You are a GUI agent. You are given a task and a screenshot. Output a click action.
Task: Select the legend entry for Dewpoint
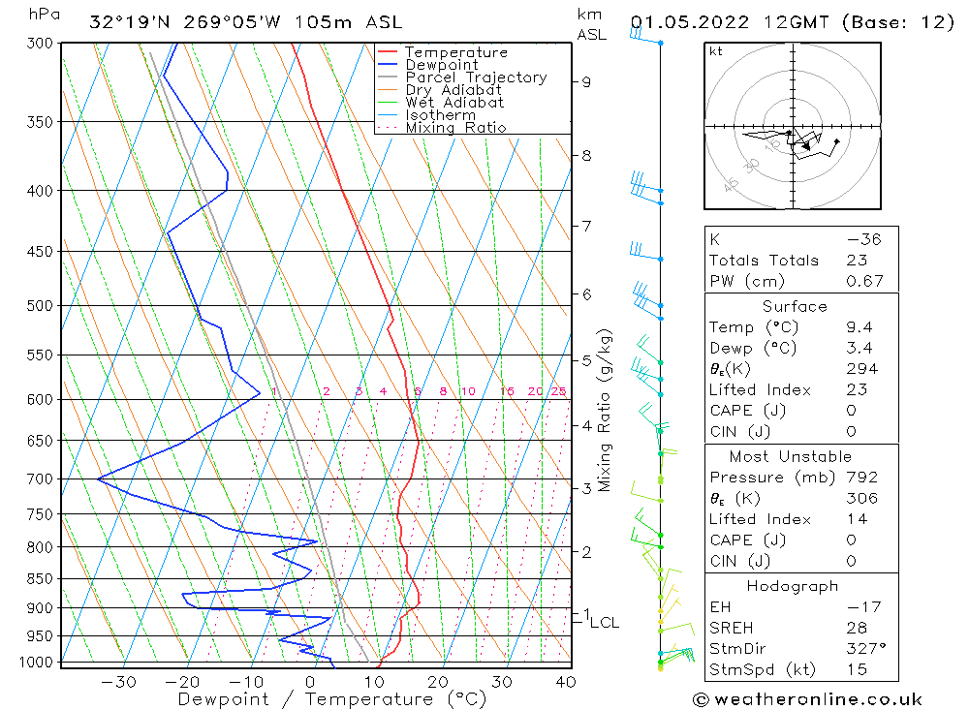441,65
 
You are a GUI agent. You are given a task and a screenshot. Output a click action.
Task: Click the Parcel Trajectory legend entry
476,77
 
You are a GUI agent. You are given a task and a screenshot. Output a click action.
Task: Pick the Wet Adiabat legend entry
454,103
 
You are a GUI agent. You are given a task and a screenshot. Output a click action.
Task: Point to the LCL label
604,623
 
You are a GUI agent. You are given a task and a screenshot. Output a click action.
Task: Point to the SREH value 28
857,628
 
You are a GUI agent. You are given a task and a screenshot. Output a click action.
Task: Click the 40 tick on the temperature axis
565,682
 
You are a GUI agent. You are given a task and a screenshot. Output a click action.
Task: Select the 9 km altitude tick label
586,82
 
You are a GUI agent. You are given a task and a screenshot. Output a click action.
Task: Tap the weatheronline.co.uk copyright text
807,699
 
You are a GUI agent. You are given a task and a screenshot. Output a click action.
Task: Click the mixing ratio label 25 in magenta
558,391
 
